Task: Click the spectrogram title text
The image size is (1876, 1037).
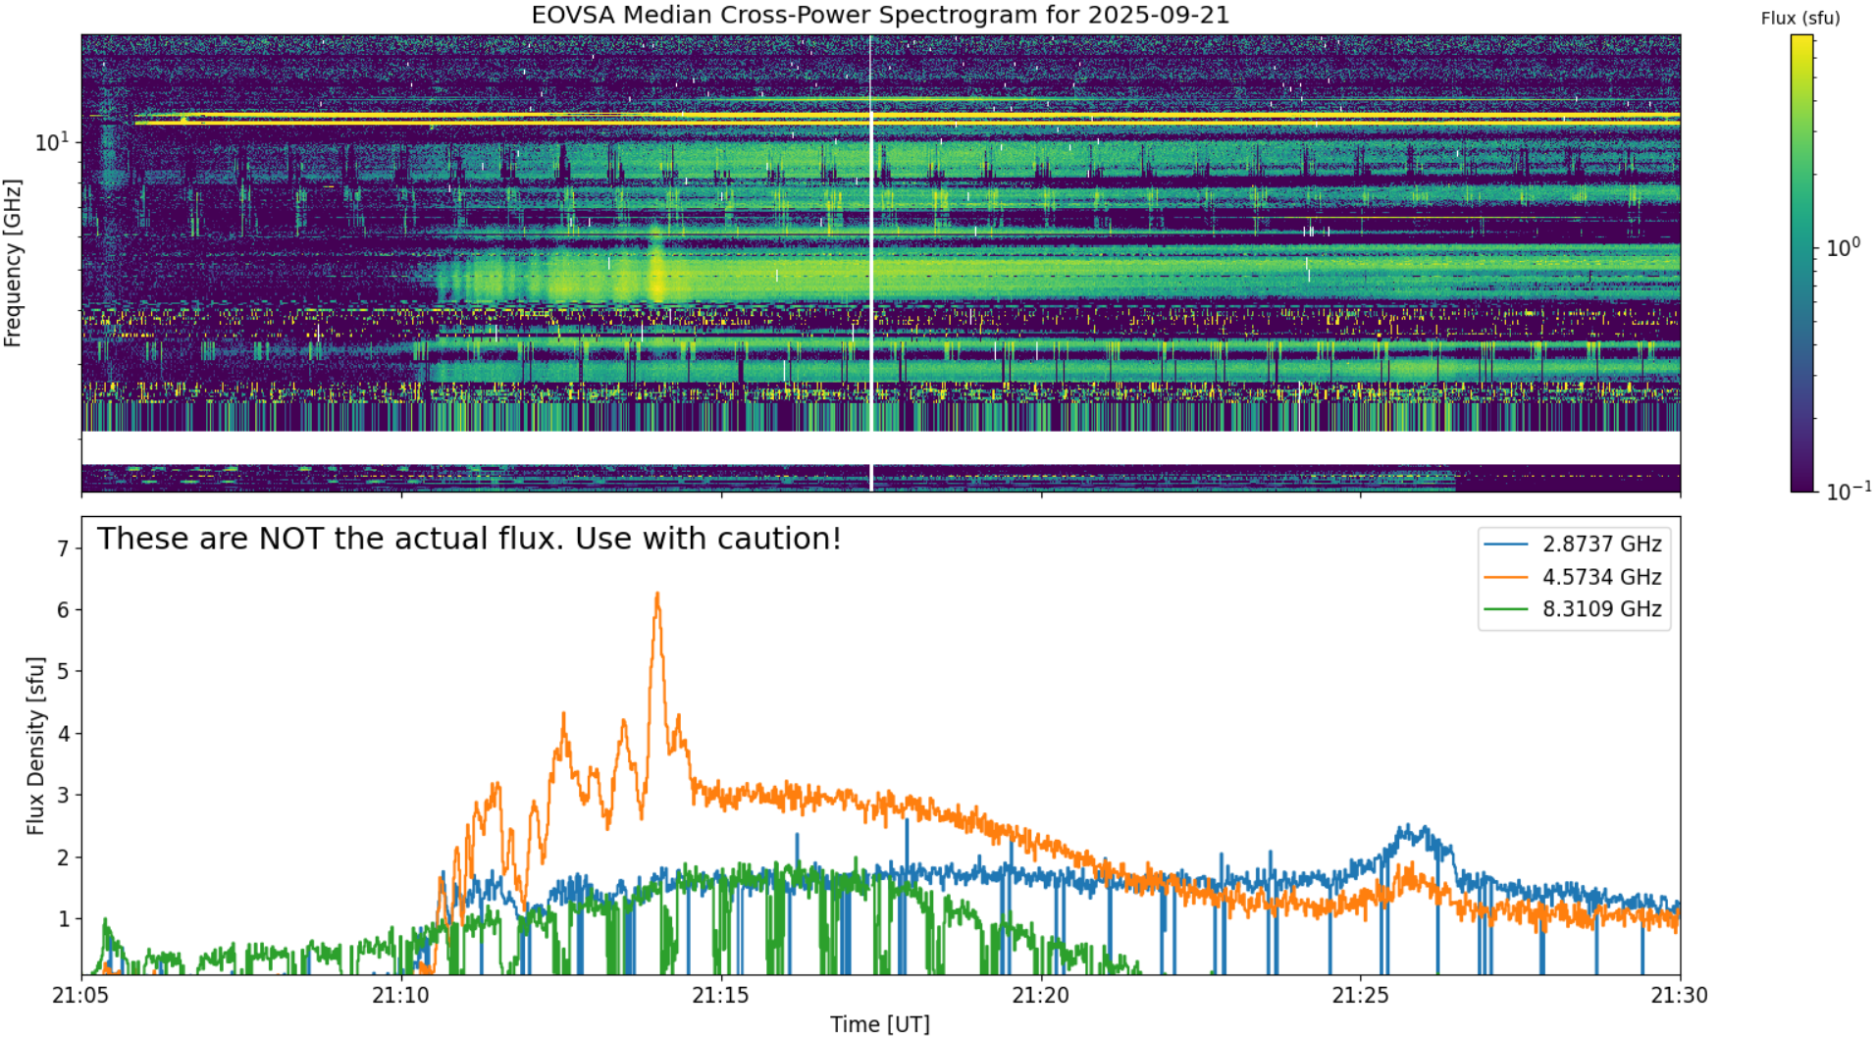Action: pyautogui.click(x=880, y=15)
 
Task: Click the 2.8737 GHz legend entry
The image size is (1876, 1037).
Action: pyautogui.click(x=1574, y=544)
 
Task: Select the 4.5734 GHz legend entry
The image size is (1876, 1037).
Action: pyautogui.click(x=1574, y=577)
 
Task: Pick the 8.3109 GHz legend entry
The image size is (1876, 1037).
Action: pyautogui.click(x=1574, y=609)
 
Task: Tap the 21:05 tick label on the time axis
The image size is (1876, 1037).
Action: pyautogui.click(x=81, y=996)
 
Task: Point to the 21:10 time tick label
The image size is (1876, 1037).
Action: pyautogui.click(x=401, y=996)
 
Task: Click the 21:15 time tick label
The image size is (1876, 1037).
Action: pyautogui.click(x=721, y=996)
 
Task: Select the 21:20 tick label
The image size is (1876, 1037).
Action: pyautogui.click(x=1041, y=996)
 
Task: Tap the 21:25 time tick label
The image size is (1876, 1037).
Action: pyautogui.click(x=1361, y=996)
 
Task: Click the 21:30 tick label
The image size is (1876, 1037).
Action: pyautogui.click(x=1680, y=996)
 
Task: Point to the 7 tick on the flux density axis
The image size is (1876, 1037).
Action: pyautogui.click(x=64, y=549)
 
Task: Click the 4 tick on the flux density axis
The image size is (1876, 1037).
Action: pyautogui.click(x=64, y=734)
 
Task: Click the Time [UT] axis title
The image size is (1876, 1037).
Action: pyautogui.click(x=880, y=1024)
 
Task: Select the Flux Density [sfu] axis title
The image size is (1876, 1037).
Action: pyautogui.click(x=36, y=746)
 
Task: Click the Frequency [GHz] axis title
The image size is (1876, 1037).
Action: pyautogui.click(x=13, y=263)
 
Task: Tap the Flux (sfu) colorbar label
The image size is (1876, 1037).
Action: pyautogui.click(x=1800, y=18)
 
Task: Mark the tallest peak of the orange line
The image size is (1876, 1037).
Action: pyautogui.click(x=657, y=594)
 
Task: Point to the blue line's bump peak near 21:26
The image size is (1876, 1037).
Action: pyautogui.click(x=1409, y=826)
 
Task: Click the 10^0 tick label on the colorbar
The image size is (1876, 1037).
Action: pyautogui.click(x=1843, y=247)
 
